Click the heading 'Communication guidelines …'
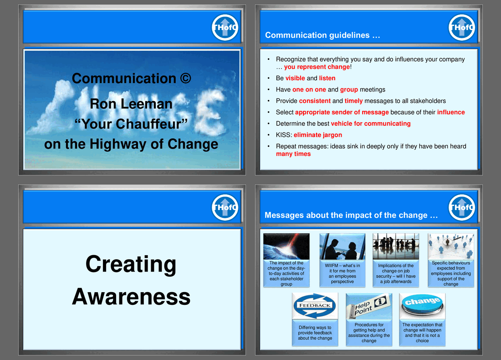[x=322, y=35]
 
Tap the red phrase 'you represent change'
[x=317, y=67]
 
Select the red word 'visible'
[x=295, y=78]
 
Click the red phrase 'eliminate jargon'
[x=317, y=135]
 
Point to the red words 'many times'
[x=293, y=154]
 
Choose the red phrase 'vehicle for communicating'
[x=371, y=123]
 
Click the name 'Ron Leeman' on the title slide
[x=131, y=103]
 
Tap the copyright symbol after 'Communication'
[x=185, y=78]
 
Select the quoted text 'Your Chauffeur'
[x=131, y=123]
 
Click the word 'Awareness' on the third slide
[x=131, y=297]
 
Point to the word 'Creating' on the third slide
[x=131, y=264]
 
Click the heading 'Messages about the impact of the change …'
[x=351, y=215]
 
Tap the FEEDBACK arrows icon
[x=315, y=306]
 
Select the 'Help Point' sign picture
[x=369, y=306]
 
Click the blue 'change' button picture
[x=422, y=306]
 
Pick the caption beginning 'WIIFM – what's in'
[x=343, y=273]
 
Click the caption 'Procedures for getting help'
[x=369, y=333]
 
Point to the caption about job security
[x=396, y=273]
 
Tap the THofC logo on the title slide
[x=225, y=28]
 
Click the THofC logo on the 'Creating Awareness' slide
[x=225, y=208]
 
